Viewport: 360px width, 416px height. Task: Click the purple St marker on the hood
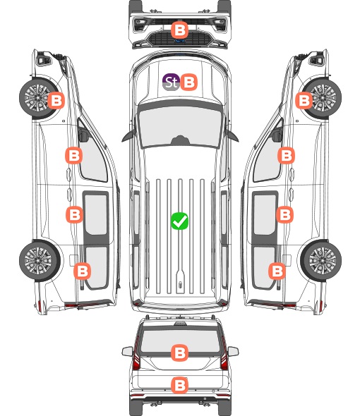tap(171, 82)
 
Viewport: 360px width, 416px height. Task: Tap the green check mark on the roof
tap(179, 221)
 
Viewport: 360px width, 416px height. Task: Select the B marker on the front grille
tap(179, 30)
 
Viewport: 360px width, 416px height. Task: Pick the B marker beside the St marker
tap(189, 82)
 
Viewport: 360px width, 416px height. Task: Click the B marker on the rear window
tap(179, 353)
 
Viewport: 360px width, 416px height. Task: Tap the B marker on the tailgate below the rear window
tap(179, 385)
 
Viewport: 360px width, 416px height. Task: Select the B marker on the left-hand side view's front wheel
tap(56, 100)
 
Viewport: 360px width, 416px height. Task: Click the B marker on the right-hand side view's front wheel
tap(304, 100)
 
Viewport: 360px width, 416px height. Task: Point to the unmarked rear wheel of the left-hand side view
tap(40, 260)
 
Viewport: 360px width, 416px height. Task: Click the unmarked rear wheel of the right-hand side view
tap(321, 260)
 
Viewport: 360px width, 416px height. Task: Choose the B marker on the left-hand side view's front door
tap(73, 155)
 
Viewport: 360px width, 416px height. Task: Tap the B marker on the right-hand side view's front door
tap(286, 155)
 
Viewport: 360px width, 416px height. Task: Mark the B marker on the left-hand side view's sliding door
tap(74, 214)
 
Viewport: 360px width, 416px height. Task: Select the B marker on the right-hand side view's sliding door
tap(284, 214)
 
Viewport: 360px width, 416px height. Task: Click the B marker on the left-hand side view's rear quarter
tap(82, 271)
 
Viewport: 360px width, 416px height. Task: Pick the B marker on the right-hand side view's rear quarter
tap(277, 271)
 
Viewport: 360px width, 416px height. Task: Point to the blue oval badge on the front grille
tap(180, 41)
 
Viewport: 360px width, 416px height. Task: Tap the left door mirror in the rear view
tap(127, 351)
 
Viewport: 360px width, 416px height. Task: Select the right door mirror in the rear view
tap(233, 351)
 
